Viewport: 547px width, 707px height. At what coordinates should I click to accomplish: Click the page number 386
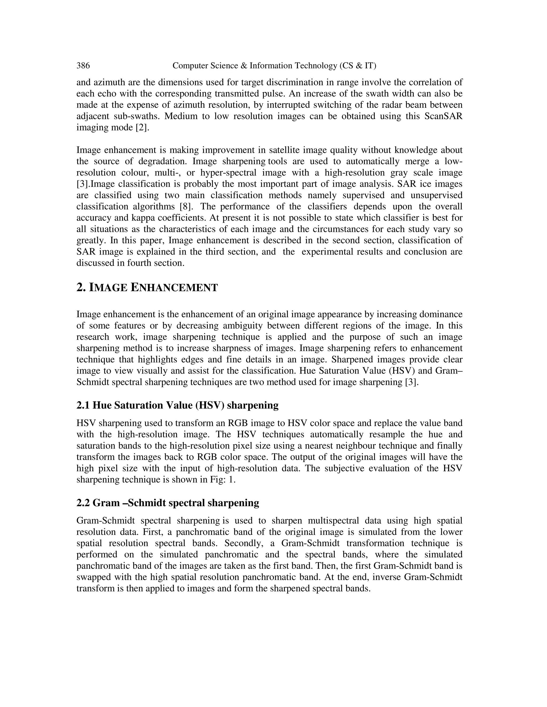point(83,66)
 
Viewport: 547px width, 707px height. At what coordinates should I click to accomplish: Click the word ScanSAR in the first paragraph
point(443,116)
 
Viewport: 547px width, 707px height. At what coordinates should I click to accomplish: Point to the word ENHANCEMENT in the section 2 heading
point(174,287)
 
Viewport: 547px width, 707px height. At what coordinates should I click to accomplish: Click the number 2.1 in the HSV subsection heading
point(83,405)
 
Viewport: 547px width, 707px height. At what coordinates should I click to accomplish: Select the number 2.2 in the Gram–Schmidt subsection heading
point(83,503)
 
